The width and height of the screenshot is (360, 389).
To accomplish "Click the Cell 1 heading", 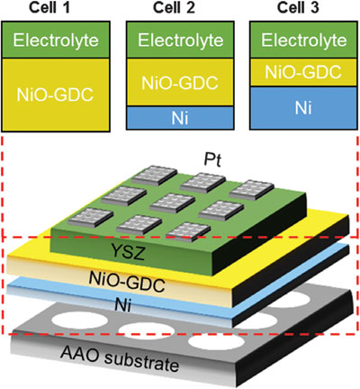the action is click(49, 7).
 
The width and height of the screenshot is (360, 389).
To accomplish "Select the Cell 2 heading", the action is click(174, 7).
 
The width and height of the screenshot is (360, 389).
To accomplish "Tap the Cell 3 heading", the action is click(298, 7).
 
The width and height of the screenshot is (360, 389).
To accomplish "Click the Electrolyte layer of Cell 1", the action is click(56, 40).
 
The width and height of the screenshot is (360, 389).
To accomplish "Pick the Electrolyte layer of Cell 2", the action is click(180, 40).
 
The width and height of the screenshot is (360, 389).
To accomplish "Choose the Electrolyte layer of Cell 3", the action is click(304, 40).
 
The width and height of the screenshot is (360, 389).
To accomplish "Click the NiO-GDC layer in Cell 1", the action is click(56, 95).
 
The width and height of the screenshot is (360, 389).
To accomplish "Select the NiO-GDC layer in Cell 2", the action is click(180, 82).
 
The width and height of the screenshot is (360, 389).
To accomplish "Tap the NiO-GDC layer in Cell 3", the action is click(304, 72).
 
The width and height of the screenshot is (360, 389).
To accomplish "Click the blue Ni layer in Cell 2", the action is click(180, 118).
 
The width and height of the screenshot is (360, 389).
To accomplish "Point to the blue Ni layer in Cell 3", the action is click(304, 108).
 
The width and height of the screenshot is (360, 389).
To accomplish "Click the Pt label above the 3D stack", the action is click(212, 160).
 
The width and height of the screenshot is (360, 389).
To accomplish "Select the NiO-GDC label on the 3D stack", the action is click(127, 281).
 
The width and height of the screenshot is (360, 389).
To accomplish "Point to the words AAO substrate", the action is click(120, 357).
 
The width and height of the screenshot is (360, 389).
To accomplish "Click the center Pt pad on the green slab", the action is click(172, 204).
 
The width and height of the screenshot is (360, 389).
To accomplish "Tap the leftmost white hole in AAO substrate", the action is click(79, 320).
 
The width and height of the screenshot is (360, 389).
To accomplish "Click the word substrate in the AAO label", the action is click(142, 361).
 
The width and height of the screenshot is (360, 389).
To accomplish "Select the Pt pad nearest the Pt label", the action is click(202, 183).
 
